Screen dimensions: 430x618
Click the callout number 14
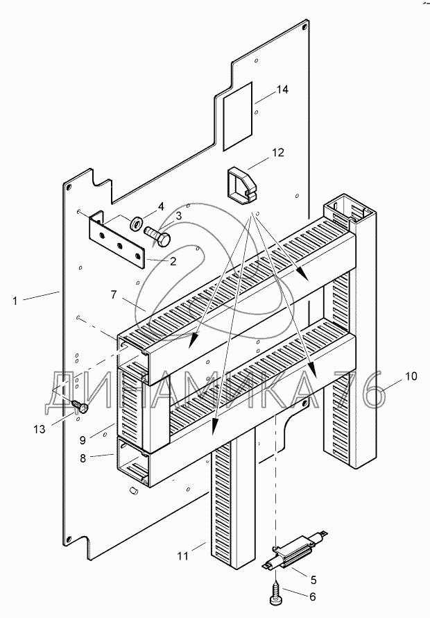coord(282,90)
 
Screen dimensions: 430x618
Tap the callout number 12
coord(278,152)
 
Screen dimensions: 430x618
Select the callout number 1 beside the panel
coord(15,301)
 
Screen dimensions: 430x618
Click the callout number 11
coord(182,556)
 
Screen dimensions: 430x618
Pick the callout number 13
coord(40,429)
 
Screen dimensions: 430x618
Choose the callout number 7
coord(114,294)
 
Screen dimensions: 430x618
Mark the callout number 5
coord(313,580)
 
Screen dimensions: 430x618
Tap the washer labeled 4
coord(137,223)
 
